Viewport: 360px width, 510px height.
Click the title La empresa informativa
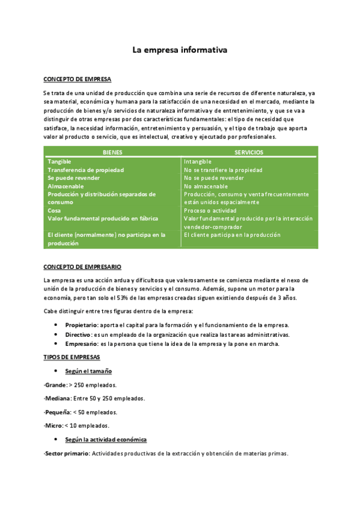point(180,51)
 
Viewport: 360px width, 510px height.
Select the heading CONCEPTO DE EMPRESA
point(77,79)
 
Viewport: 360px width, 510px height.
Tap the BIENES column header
point(112,153)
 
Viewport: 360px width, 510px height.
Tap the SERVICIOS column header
point(248,153)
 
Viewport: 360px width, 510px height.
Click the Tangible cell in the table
point(59,162)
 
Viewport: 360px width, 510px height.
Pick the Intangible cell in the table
point(198,162)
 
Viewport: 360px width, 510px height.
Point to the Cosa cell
point(54,210)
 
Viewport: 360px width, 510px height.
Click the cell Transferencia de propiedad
point(85,170)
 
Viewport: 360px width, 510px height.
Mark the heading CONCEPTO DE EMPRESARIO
point(82,266)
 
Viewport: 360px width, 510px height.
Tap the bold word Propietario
point(81,325)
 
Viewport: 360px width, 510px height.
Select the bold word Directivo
point(78,334)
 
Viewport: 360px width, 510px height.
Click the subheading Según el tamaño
point(88,371)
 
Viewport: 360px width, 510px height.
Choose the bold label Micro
point(53,426)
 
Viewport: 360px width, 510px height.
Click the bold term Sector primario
point(67,453)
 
